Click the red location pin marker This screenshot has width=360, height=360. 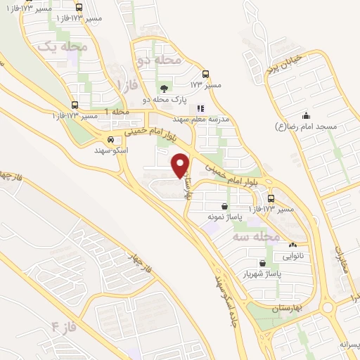pyautogui.click(x=181, y=165)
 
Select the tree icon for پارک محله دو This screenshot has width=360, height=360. pyautogui.click(x=164, y=89)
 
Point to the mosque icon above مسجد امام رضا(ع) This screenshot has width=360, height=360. pyautogui.click(x=305, y=116)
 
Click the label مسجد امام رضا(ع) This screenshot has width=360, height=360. pyautogui.click(x=307, y=127)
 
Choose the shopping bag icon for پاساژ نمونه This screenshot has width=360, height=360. pyautogui.click(x=224, y=207)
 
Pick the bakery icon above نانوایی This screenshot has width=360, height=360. pyautogui.click(x=292, y=245)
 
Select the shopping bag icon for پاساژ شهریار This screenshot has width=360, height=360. pyautogui.click(x=262, y=263)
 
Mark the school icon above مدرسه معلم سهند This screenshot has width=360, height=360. pyautogui.click(x=201, y=109)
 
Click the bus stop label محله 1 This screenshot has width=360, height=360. pyautogui.click(x=117, y=112)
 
